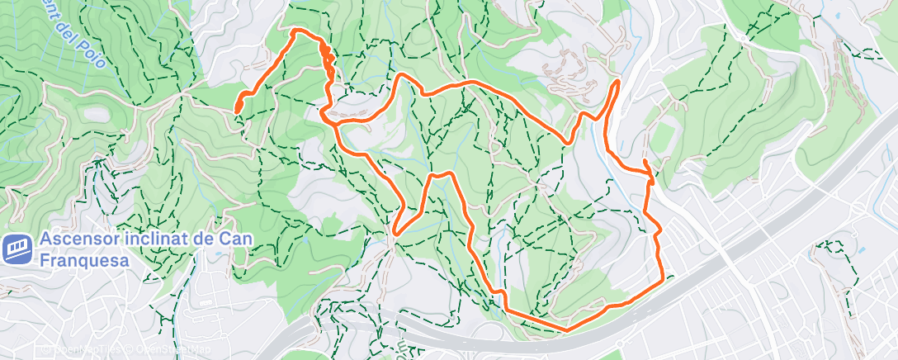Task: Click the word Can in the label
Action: [x=234, y=239]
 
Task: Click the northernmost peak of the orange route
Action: [x=297, y=31]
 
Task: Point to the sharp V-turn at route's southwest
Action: [x=396, y=234]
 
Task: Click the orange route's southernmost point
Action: [x=566, y=329]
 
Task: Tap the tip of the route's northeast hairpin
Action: [x=618, y=83]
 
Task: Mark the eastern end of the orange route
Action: [x=644, y=160]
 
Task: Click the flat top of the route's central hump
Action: [x=442, y=174]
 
